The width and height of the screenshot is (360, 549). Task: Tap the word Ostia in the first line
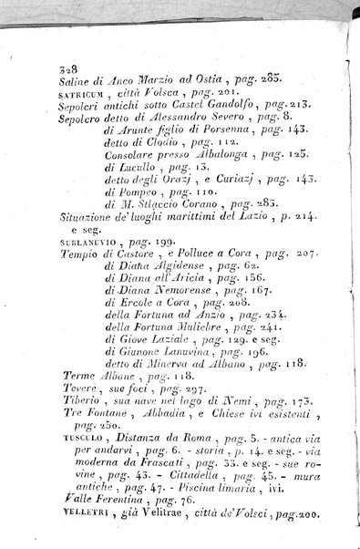[x=193, y=82]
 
